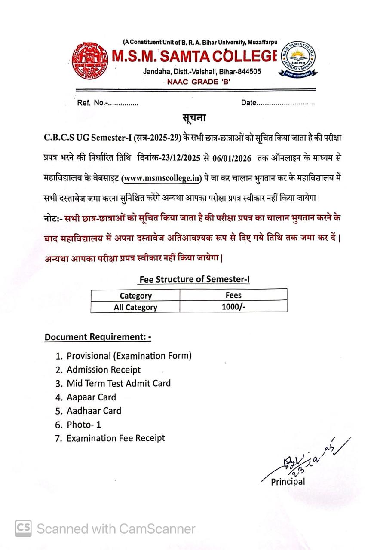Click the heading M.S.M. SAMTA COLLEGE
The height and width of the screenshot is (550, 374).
(x=194, y=56)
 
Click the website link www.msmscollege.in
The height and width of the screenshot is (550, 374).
(x=161, y=178)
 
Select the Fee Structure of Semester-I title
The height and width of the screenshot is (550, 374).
(x=194, y=279)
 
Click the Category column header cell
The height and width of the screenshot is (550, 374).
(x=135, y=296)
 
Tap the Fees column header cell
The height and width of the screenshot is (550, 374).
(x=233, y=295)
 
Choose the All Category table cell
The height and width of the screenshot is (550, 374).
(x=135, y=307)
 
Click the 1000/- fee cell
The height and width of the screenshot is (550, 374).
(x=233, y=307)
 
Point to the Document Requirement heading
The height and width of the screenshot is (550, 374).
(x=98, y=337)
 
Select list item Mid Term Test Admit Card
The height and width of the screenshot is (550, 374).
(x=118, y=383)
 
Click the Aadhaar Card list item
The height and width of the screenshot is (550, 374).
(x=94, y=411)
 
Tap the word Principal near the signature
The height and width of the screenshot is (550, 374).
(x=288, y=482)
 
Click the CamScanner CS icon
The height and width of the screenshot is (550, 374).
(x=24, y=528)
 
